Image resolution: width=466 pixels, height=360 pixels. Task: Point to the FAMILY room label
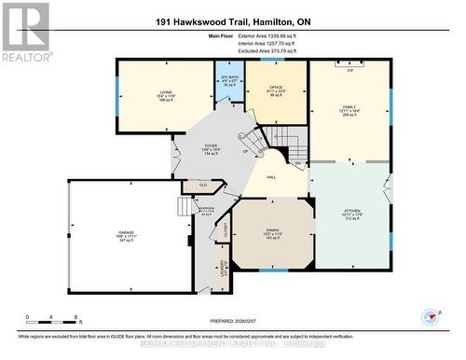pos(349,107)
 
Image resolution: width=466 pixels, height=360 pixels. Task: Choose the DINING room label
pos(272,234)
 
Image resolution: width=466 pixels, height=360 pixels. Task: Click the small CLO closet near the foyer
pos(204,186)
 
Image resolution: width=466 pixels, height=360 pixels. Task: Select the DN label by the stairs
pos(298,162)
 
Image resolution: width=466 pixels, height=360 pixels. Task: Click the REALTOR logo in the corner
pos(26,32)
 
